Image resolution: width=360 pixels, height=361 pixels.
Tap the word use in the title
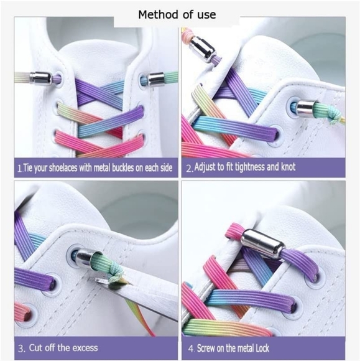pos(206,14)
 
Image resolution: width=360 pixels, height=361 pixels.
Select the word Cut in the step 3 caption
pos(37,347)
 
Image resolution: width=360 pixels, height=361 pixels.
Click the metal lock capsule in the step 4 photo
pos(254,241)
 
